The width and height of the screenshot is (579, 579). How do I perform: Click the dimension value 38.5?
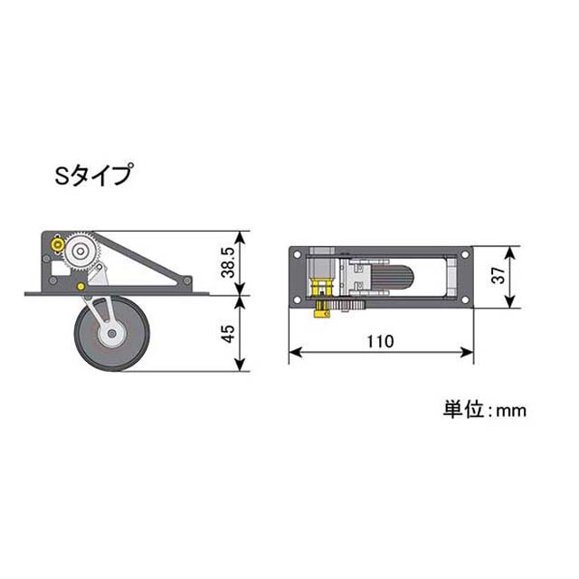click(228, 263)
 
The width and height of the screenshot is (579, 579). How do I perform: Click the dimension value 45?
click(229, 334)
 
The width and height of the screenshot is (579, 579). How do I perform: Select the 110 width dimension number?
click(380, 342)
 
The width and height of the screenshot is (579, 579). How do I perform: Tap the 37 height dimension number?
click(498, 275)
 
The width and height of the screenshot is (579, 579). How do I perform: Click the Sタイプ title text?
click(93, 175)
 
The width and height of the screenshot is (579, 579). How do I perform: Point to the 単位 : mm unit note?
click(485, 410)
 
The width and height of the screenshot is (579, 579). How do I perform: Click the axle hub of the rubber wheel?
click(112, 334)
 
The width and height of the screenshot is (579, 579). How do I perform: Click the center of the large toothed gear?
click(81, 252)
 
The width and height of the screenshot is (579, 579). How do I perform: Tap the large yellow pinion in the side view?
click(58, 244)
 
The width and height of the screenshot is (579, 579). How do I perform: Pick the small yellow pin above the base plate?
click(81, 286)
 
